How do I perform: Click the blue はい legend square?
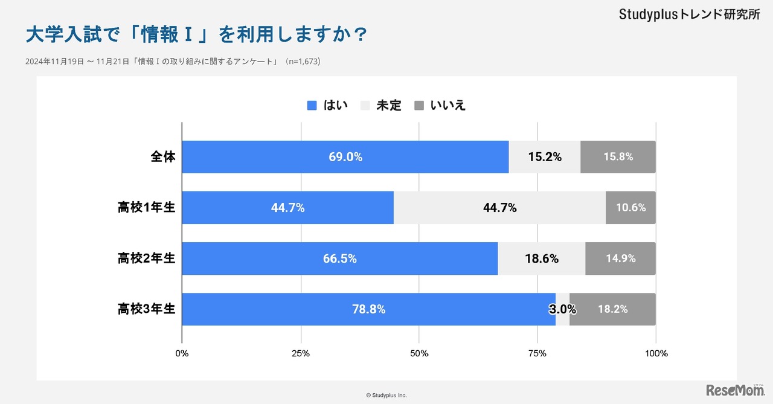pyautogui.click(x=312, y=106)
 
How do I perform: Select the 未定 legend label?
pyautogui.click(x=388, y=106)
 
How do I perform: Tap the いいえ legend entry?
pyautogui.click(x=447, y=106)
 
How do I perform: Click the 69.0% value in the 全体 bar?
pyautogui.click(x=345, y=157)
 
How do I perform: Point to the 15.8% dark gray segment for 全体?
pyautogui.click(x=618, y=157)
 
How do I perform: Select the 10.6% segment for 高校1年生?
pyautogui.click(x=630, y=208)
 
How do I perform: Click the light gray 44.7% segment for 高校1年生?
pyautogui.click(x=499, y=208)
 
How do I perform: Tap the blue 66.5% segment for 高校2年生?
pyautogui.click(x=339, y=258)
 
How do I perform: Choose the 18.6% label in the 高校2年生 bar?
pyautogui.click(x=542, y=258)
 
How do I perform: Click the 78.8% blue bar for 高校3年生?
pyautogui.click(x=368, y=309)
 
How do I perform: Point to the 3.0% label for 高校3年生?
pyautogui.click(x=562, y=309)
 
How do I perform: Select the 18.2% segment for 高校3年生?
pyautogui.click(x=612, y=309)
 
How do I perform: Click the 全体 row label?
pyautogui.click(x=162, y=157)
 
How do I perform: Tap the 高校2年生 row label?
pyautogui.click(x=146, y=258)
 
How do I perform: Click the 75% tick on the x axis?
pyautogui.click(x=537, y=353)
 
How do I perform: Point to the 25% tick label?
pyautogui.click(x=301, y=353)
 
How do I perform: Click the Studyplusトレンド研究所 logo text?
pyautogui.click(x=689, y=15)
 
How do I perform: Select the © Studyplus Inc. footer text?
pyautogui.click(x=386, y=395)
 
